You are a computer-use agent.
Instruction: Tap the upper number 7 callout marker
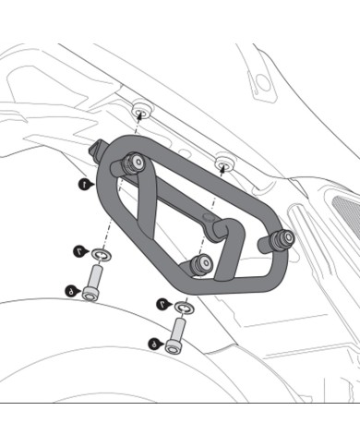[80, 249]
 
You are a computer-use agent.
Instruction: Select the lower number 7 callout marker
[162, 303]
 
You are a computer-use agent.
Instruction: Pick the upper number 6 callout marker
[70, 291]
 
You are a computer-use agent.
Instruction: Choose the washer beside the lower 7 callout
[183, 308]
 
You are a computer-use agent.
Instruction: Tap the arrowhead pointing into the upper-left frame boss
[139, 115]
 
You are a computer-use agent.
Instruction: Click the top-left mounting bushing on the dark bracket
[133, 163]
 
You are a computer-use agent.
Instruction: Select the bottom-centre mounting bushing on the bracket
[198, 264]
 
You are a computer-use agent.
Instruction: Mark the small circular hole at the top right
[262, 81]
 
